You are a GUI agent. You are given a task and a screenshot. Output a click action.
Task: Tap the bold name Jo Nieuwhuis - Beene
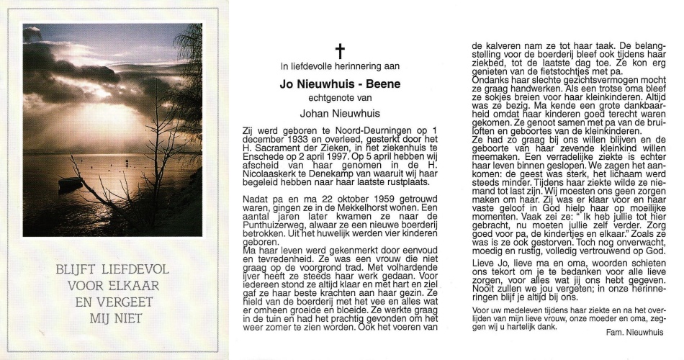(x=341, y=84)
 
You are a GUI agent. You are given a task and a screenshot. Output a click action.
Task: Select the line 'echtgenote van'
(x=341, y=98)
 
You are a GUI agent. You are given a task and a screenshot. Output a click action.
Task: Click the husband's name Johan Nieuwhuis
(x=341, y=112)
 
